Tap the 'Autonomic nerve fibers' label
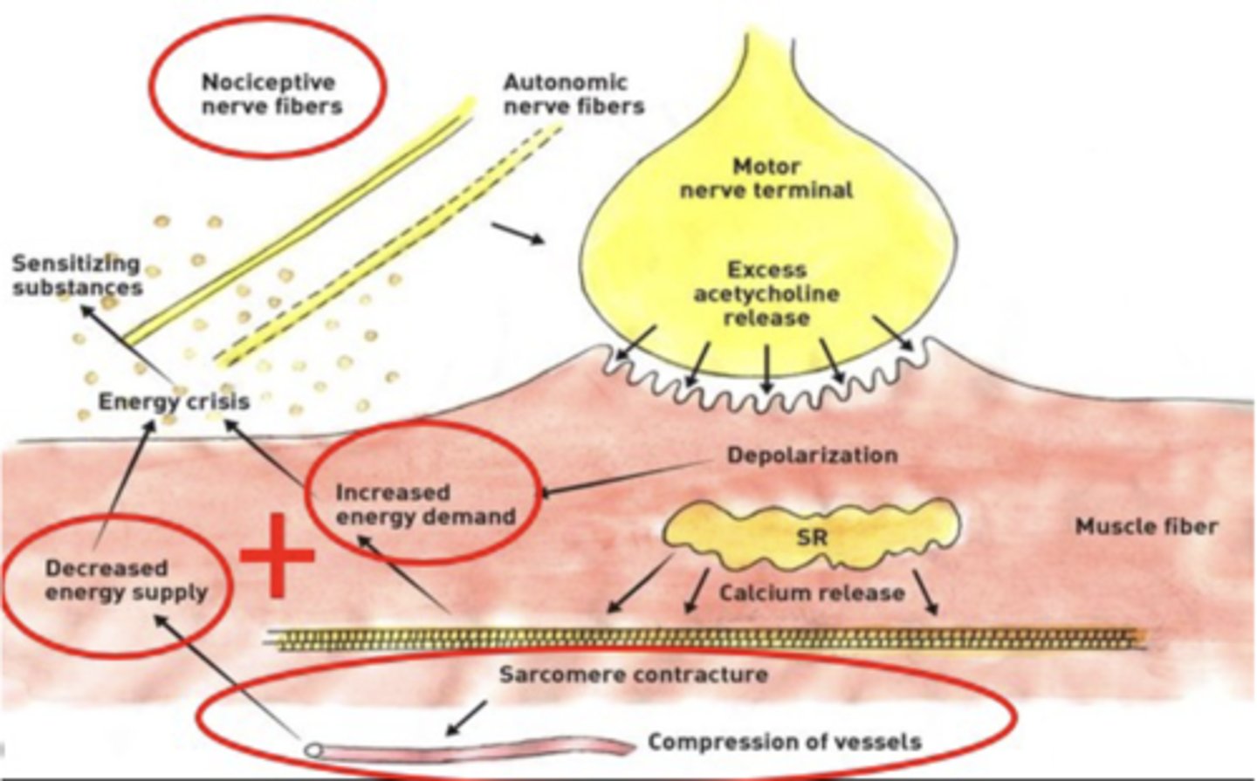[x=574, y=94]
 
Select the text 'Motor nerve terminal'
[x=766, y=178]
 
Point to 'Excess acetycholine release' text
[x=766, y=293]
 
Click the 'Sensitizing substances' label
[x=76, y=275]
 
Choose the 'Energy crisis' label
[x=174, y=401]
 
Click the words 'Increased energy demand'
[x=425, y=504]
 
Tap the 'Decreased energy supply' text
[x=126, y=580]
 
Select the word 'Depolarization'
[x=812, y=455]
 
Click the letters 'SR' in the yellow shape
[x=811, y=537]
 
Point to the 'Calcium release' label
[x=811, y=593]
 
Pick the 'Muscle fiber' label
[x=1145, y=526]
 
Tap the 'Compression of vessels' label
[x=784, y=742]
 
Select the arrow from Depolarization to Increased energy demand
[x=628, y=476]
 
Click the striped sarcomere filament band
[x=707, y=639]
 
